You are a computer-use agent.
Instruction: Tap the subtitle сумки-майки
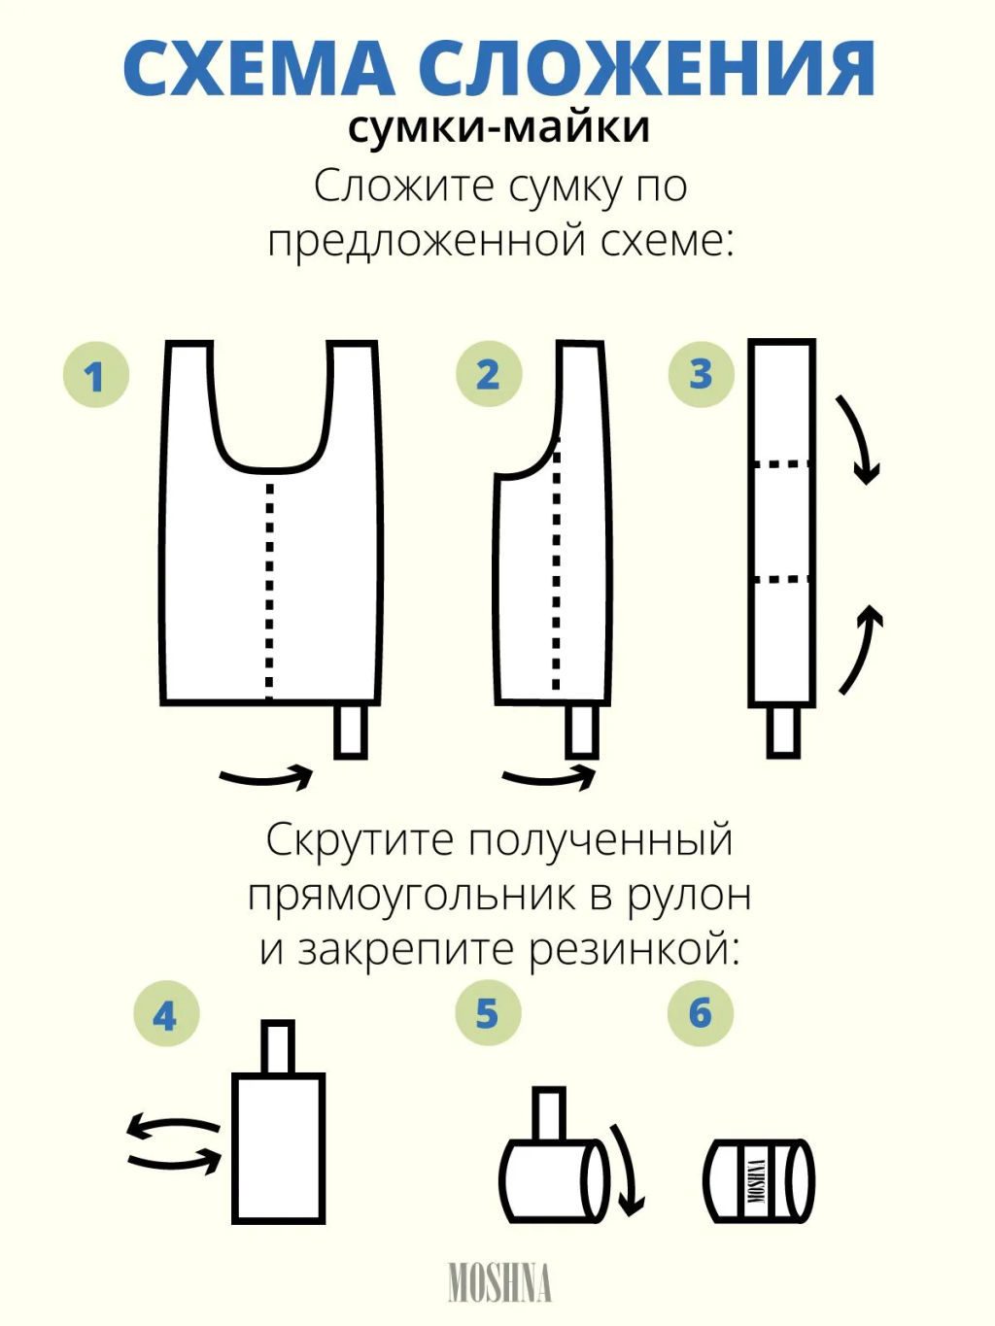[x=498, y=128]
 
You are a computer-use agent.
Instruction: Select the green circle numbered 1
[x=95, y=375]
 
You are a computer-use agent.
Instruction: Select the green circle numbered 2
[x=489, y=374]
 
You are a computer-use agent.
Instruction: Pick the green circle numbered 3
[x=701, y=374]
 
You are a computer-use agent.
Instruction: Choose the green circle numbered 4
[x=165, y=1015]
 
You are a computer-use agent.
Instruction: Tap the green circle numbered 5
[x=488, y=1013]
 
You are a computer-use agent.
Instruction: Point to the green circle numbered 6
[x=701, y=1013]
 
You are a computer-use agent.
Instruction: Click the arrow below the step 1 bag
[x=267, y=777]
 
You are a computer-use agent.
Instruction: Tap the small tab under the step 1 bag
[x=351, y=731]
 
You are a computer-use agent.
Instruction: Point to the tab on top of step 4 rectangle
[x=278, y=1047]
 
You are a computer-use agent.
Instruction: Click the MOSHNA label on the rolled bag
[x=756, y=1181]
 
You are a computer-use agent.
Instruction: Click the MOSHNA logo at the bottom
[x=499, y=1282]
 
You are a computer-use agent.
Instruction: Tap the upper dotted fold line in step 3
[x=781, y=465]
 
